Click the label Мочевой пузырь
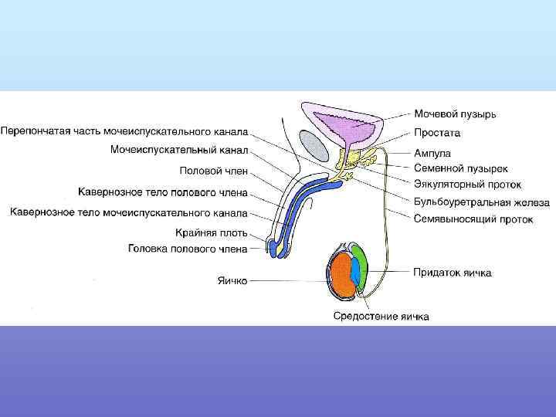click(455, 115)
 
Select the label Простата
click(436, 133)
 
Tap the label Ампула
click(432, 153)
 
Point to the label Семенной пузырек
click(461, 168)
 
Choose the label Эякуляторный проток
click(467, 185)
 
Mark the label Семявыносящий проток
click(473, 219)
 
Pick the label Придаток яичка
click(452, 273)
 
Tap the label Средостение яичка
click(381, 316)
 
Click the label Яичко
click(231, 281)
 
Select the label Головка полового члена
click(188, 249)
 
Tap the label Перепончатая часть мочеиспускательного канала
click(129, 131)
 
